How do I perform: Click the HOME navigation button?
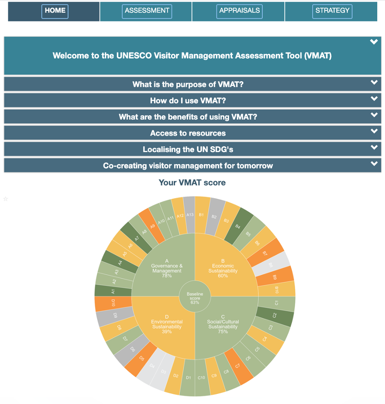pos(55,11)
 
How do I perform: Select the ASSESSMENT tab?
pos(147,11)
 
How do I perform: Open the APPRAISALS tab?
pos(239,11)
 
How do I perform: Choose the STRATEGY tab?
pos(333,11)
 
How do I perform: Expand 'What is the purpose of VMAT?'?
pos(188,84)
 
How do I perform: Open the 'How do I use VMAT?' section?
pos(188,100)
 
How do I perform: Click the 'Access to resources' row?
pos(188,133)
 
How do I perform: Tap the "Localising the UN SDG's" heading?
pos(188,149)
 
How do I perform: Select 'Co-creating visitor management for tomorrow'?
pos(188,165)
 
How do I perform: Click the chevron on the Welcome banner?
pos(374,42)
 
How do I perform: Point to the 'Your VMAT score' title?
pos(192,182)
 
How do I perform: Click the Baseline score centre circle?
pos(195,297)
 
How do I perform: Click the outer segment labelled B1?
pos(202,214)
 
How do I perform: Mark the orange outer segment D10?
pos(113,303)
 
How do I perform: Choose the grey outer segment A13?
pos(189,214)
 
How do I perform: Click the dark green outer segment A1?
pos(113,291)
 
